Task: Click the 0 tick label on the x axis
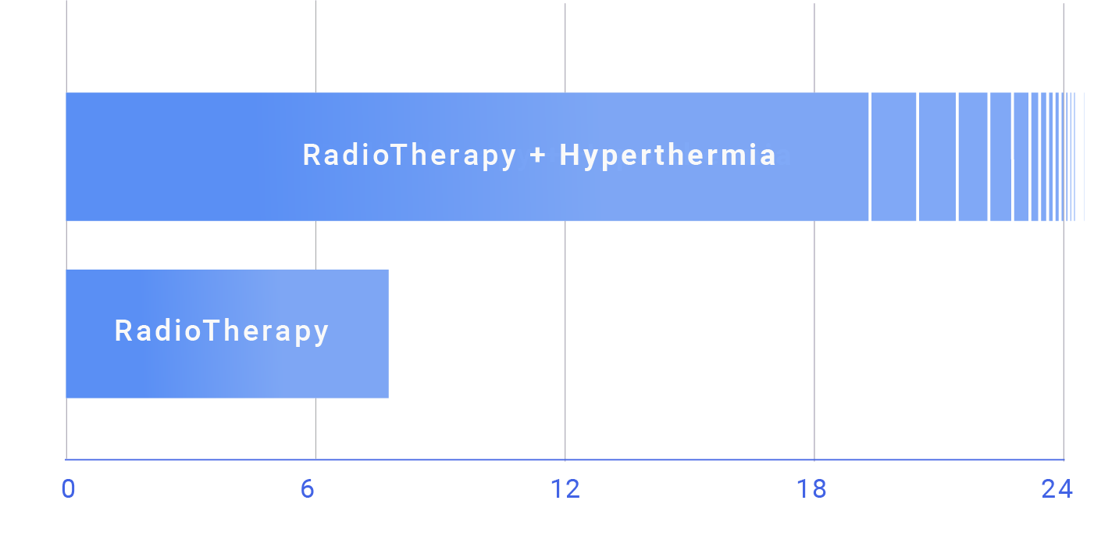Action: pos(69,489)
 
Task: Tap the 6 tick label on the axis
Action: pos(307,489)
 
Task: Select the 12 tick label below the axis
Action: pos(565,489)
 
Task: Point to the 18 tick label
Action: pos(811,489)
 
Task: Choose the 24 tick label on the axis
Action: pos(1057,489)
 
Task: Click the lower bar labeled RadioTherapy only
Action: pos(227,334)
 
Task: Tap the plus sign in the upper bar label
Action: pos(537,155)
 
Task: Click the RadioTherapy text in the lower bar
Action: pos(222,331)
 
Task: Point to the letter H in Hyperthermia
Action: pos(569,155)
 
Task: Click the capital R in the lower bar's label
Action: pos(123,331)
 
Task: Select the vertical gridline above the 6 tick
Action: pos(315,230)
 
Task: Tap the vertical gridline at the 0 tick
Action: pos(66,230)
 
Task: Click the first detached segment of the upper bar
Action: pos(893,156)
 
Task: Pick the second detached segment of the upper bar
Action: pos(937,156)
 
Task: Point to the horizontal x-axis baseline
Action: pos(565,459)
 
